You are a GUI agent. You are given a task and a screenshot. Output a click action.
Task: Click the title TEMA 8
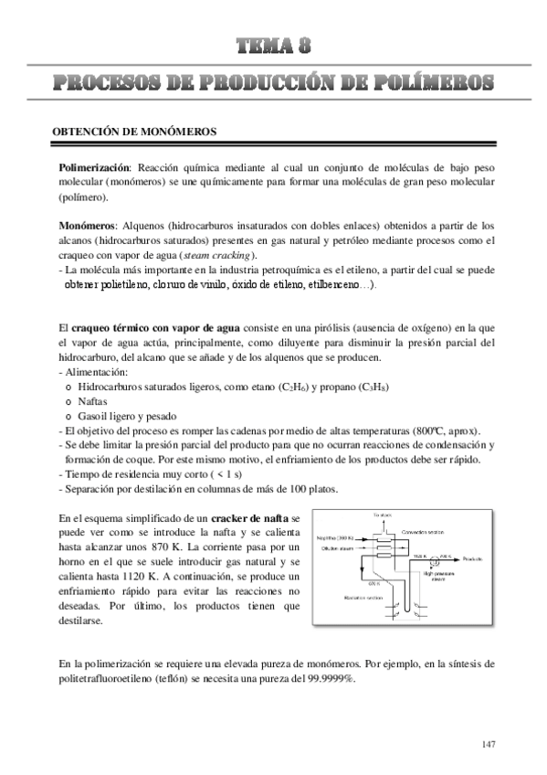(274, 47)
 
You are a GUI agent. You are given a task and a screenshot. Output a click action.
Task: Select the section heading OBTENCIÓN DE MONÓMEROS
(133, 132)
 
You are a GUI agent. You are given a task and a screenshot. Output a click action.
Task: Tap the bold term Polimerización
(95, 168)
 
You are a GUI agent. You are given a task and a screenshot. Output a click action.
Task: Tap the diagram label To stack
(382, 516)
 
